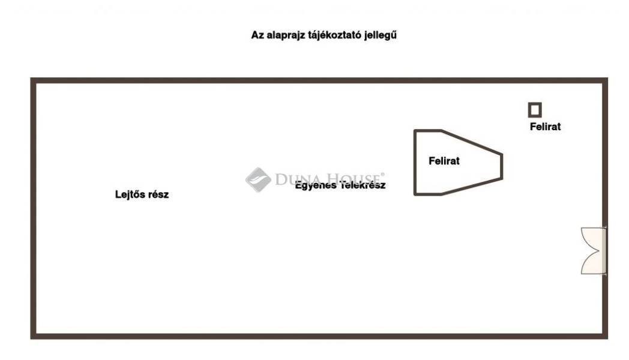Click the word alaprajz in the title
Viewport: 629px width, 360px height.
coord(284,35)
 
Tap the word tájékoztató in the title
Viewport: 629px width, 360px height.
coord(332,35)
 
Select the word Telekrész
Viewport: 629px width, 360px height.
coord(363,185)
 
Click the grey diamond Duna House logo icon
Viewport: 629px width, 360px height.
coord(257,179)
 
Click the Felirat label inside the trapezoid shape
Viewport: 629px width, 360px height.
coord(444,161)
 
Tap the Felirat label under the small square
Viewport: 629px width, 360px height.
coord(545,127)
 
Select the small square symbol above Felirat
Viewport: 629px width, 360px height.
coord(535,110)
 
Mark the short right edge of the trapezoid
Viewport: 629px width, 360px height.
coord(502,167)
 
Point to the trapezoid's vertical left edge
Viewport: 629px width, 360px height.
coord(415,162)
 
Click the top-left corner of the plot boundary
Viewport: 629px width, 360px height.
coord(34,80)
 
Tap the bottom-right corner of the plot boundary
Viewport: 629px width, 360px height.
coord(605,336)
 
